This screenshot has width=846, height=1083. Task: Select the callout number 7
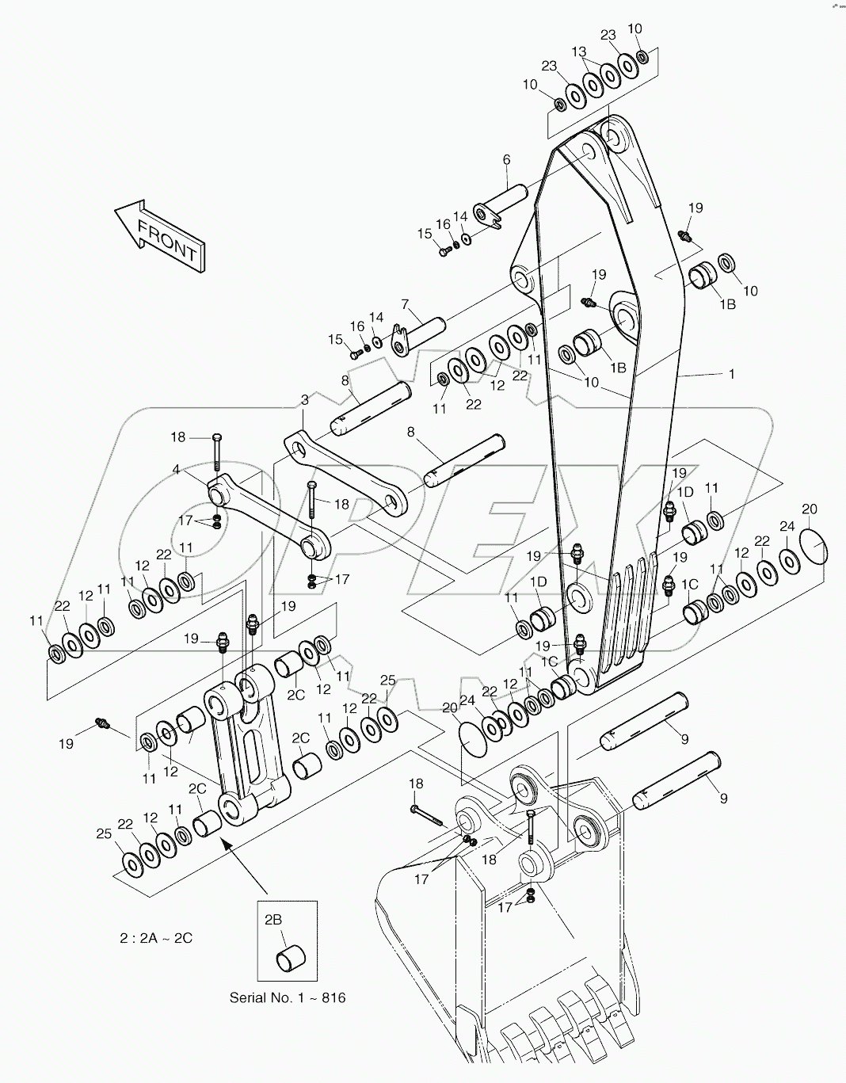[405, 304]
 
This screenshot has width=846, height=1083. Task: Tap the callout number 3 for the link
[304, 400]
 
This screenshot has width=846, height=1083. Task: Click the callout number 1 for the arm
[731, 373]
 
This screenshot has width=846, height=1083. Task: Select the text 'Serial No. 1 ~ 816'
[288, 997]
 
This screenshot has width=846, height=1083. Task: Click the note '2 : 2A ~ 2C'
[156, 938]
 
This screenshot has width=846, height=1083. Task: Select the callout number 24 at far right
[787, 526]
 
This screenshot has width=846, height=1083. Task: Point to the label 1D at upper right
[685, 492]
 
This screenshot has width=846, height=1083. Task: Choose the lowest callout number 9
[722, 799]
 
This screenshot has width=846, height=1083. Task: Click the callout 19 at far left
[66, 743]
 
